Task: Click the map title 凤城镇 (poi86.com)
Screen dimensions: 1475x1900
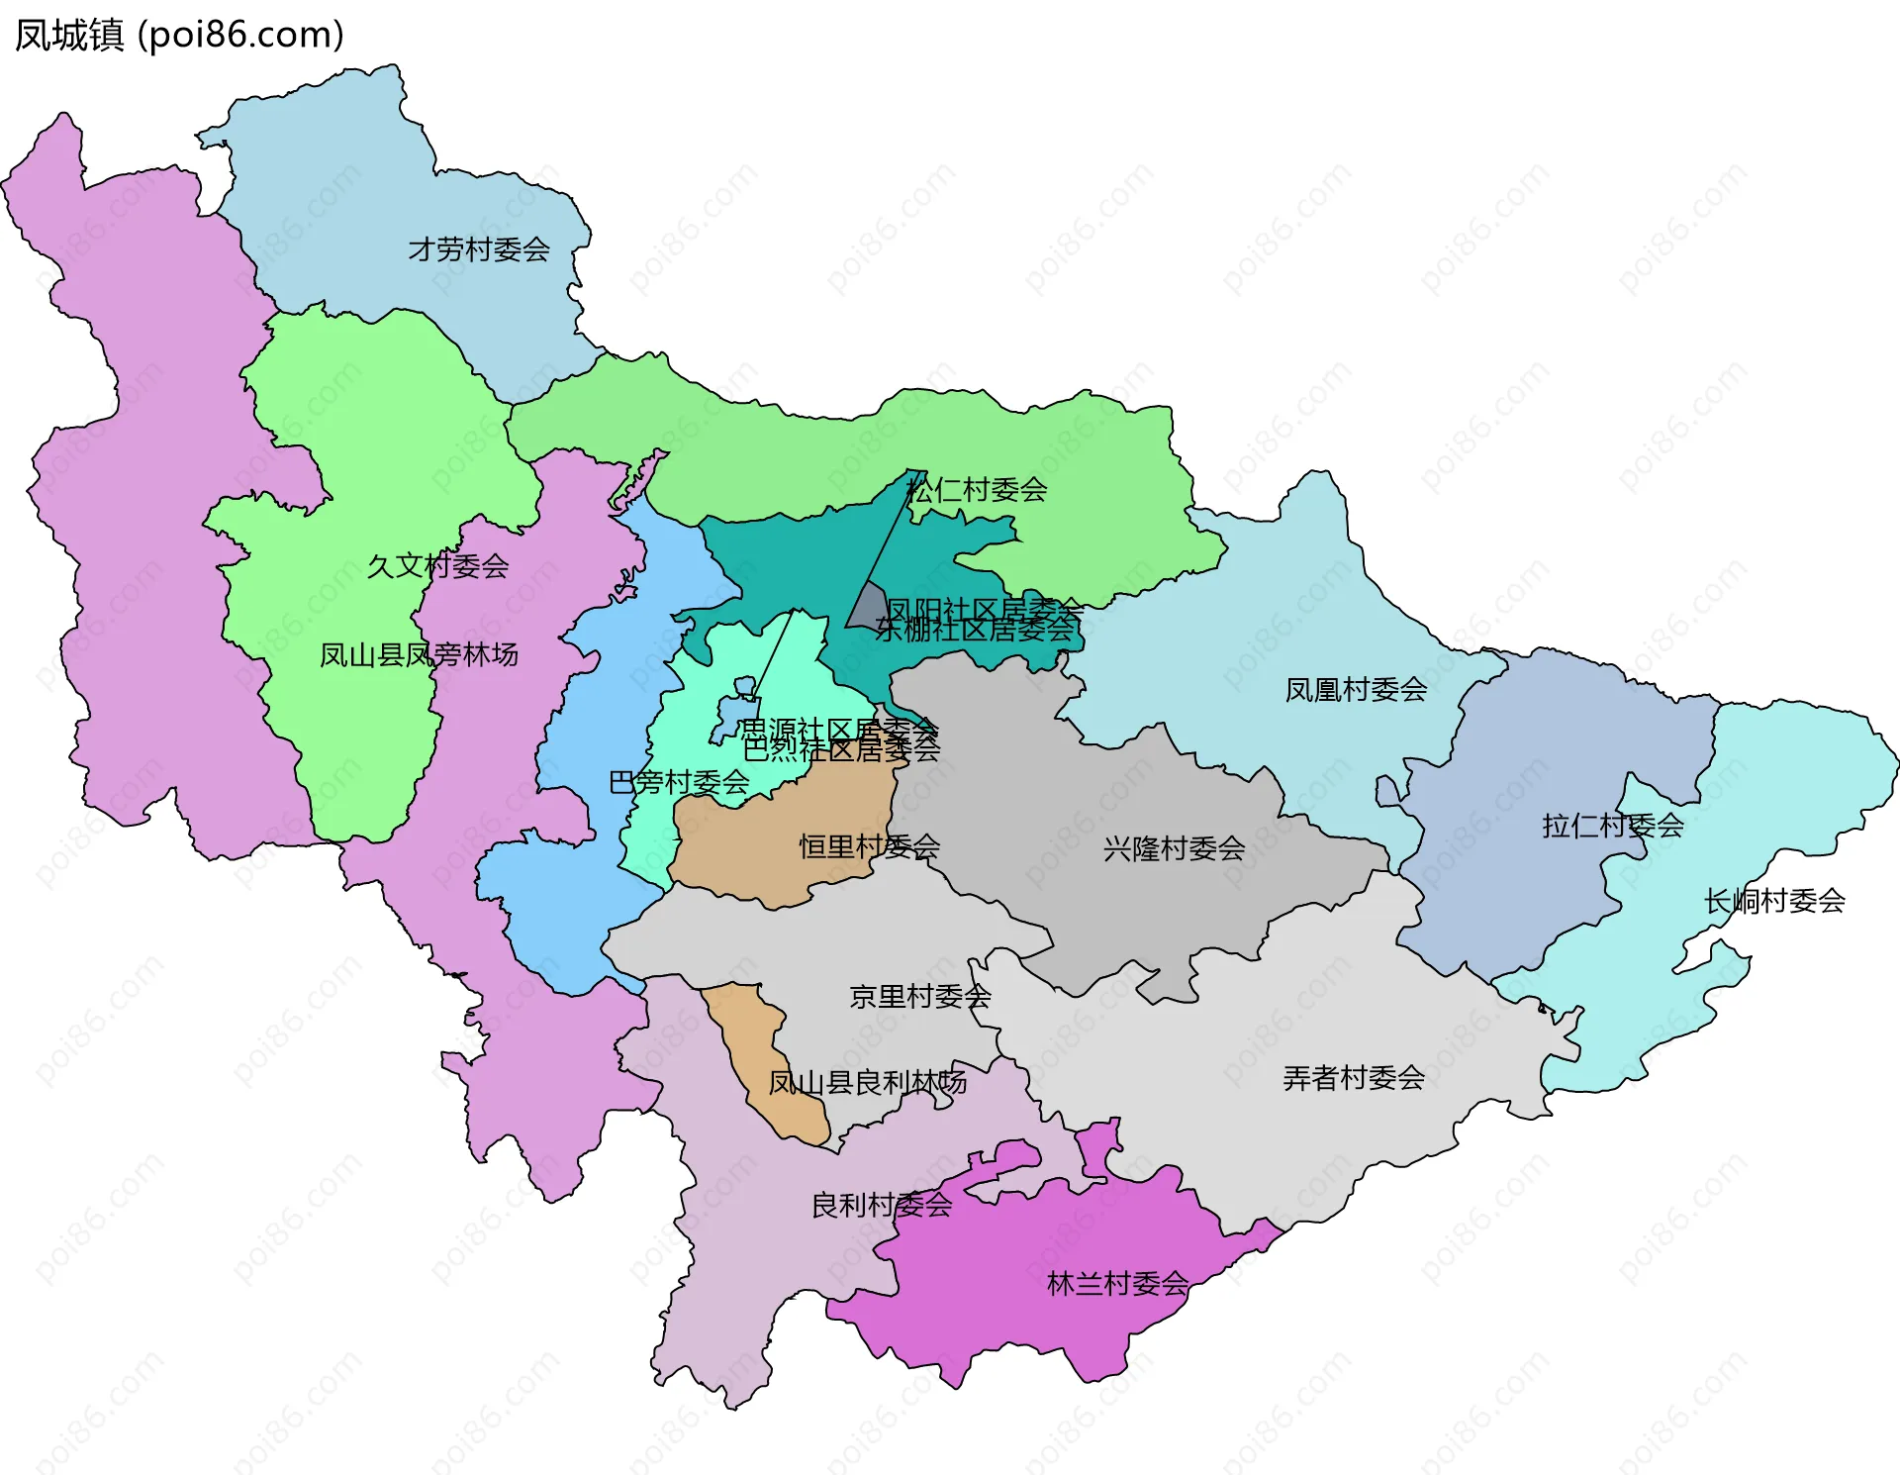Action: [x=179, y=35]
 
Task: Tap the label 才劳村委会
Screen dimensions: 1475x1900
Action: [x=479, y=249]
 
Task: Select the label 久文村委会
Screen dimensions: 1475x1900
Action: [x=437, y=566]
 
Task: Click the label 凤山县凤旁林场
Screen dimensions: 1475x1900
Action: [x=419, y=655]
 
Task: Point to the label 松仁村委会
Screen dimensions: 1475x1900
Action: [x=977, y=490]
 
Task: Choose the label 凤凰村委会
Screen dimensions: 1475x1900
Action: [x=1355, y=690]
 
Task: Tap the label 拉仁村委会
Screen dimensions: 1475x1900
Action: [x=1612, y=826]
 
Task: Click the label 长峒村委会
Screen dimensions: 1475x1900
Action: [x=1773, y=901]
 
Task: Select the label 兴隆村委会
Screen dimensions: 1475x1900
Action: [x=1174, y=848]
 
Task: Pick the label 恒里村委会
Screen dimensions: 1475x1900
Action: [x=869, y=847]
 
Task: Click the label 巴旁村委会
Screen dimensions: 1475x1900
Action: [x=679, y=783]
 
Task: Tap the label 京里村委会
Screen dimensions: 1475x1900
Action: [x=919, y=997]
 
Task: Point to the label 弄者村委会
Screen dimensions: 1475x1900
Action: [x=1353, y=1078]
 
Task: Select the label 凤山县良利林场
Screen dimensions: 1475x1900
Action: [x=867, y=1083]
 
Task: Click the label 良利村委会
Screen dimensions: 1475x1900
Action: [x=881, y=1206]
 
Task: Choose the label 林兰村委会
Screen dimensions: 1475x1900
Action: [x=1117, y=1285]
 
